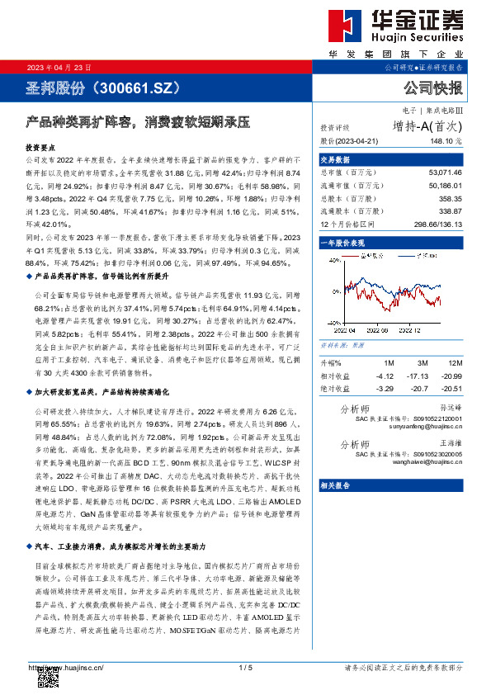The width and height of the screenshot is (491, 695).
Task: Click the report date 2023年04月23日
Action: [60, 67]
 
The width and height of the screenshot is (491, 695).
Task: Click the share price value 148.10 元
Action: [445, 141]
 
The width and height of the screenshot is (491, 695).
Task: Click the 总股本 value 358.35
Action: [451, 200]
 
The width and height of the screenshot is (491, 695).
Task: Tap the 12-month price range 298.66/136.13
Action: [437, 223]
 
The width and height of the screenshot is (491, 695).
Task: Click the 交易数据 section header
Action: [334, 159]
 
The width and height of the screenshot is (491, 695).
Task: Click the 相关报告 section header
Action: [334, 485]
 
